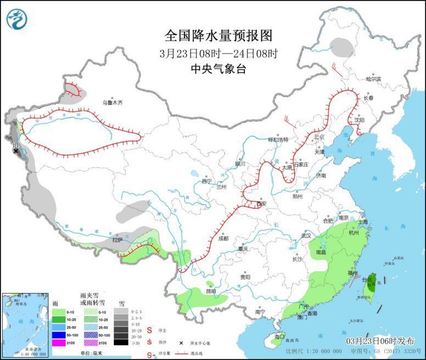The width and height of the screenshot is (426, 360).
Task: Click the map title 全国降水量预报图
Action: point(218,36)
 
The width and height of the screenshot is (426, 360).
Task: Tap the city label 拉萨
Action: point(117,240)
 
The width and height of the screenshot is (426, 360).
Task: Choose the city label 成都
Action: point(222,239)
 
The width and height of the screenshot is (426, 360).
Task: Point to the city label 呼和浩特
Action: point(277,140)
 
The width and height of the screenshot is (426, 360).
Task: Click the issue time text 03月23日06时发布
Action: point(382,340)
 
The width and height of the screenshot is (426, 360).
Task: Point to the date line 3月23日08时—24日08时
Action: point(218,53)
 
